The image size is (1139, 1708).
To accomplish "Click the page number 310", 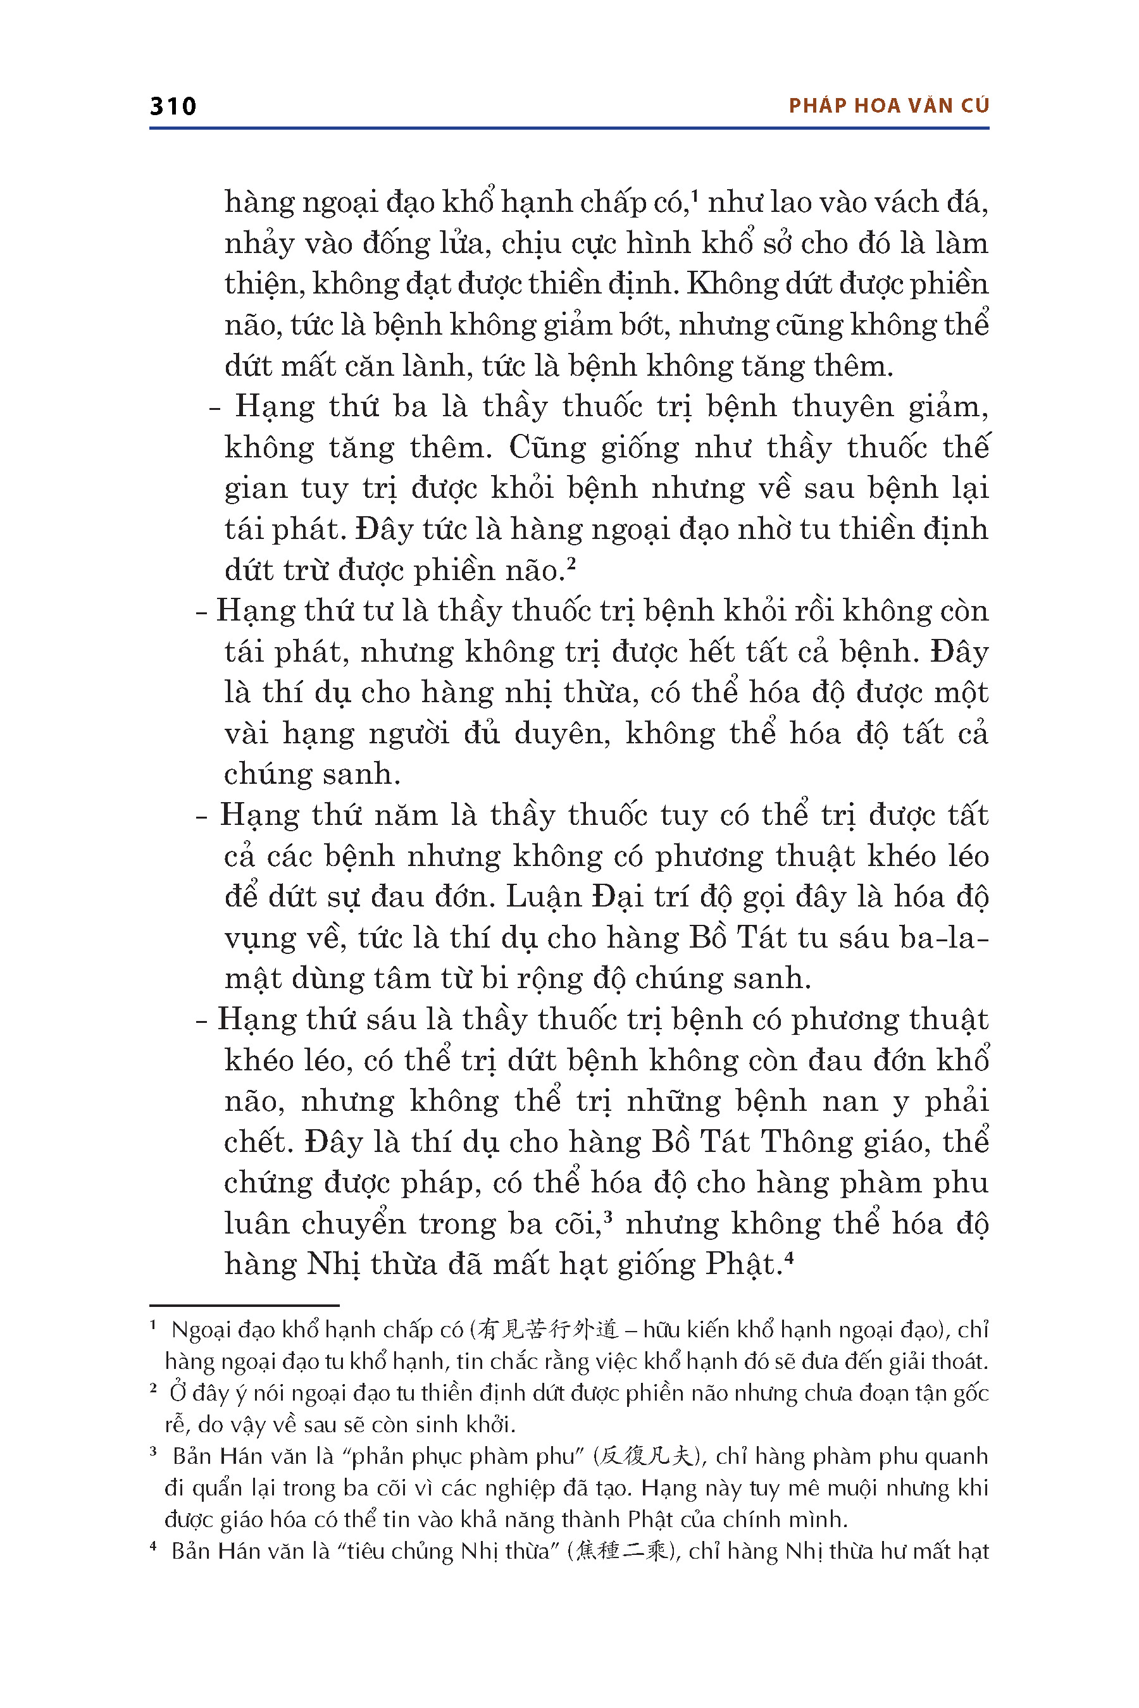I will point(173,106).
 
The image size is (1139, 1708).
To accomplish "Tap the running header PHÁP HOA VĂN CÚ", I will point(888,106).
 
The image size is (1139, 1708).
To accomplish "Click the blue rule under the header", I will point(569,128).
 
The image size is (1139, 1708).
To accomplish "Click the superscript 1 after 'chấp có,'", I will point(695,195).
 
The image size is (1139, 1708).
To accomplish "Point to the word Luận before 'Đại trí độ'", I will point(541,898).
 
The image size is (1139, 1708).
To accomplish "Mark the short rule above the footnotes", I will point(244,1305).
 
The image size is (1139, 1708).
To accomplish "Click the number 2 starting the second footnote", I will point(153,1389).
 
